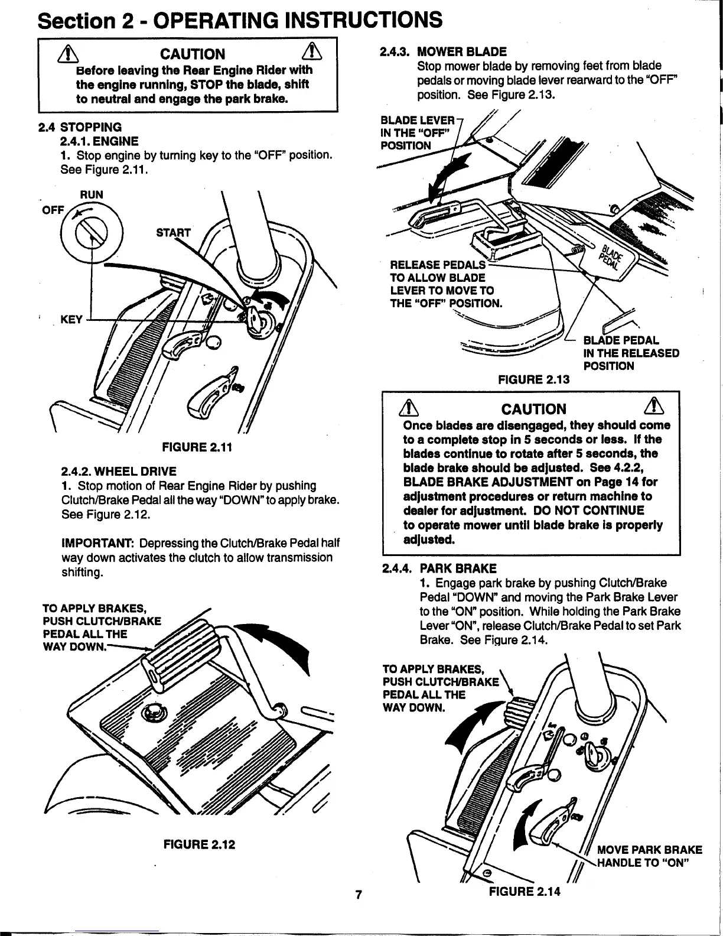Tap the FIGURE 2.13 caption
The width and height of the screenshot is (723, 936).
coord(534,379)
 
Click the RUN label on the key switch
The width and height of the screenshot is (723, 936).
coord(92,194)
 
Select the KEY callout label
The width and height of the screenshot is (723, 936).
coord(71,320)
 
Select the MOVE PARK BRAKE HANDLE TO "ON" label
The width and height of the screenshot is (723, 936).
coord(649,857)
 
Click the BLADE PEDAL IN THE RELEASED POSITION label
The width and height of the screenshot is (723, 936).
coord(630,353)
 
